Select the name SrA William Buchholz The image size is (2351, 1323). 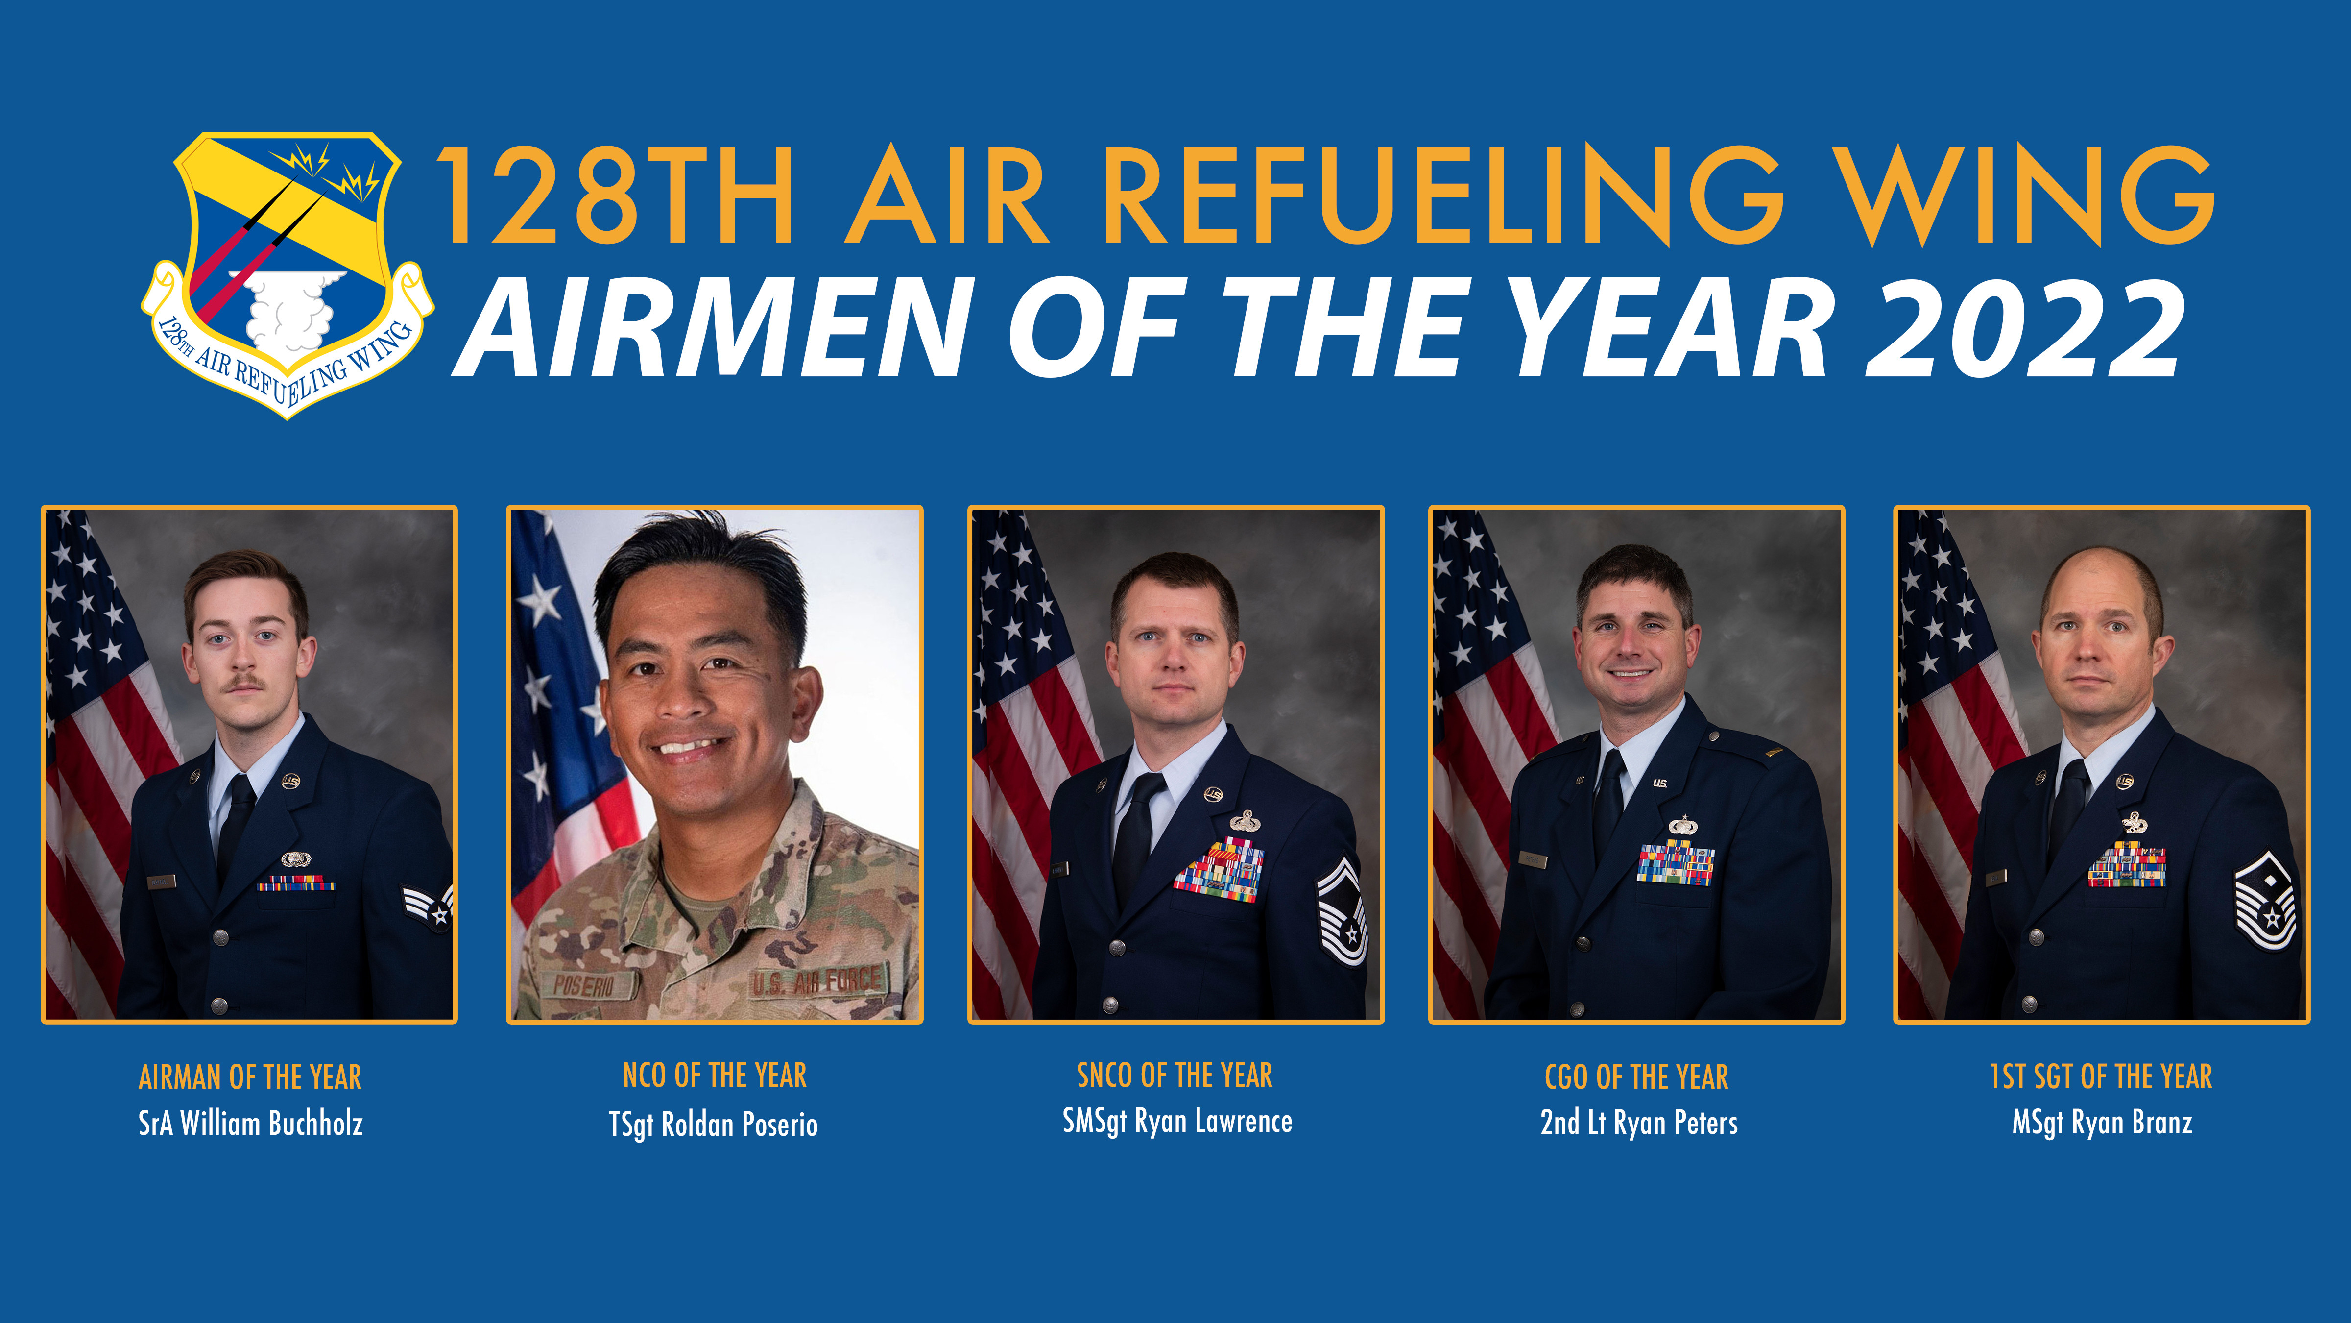[x=250, y=1123]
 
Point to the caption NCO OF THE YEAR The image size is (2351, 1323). [x=715, y=1076]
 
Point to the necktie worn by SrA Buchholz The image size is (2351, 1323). [x=237, y=822]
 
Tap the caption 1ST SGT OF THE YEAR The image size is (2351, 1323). [x=2101, y=1077]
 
